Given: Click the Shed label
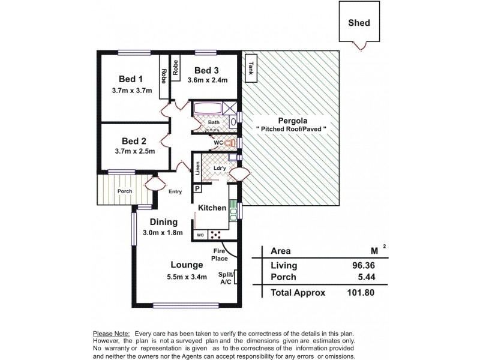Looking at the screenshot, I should tap(359, 23).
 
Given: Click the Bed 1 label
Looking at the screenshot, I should tap(131, 79).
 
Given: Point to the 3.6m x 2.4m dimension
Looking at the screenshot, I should tap(208, 79).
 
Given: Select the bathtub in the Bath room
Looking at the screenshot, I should tap(207, 109).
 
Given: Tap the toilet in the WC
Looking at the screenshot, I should tap(227, 143).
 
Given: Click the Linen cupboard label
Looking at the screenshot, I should tap(197, 168).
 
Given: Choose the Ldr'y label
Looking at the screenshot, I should tap(220, 168).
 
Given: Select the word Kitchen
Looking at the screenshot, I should tap(212, 208).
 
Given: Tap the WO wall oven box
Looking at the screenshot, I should tap(200, 235).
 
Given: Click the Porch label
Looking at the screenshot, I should tap(124, 192).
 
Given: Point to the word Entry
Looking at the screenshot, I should tap(175, 192).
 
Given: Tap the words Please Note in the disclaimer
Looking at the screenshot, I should tap(112, 333).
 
